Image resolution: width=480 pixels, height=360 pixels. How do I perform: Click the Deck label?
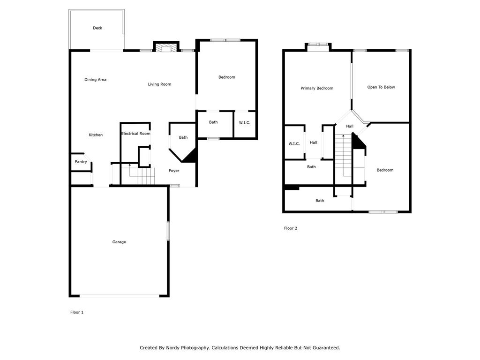coord(97,28)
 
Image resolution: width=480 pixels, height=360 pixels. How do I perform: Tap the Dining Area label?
coord(95,80)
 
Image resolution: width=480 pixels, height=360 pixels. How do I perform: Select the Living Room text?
coord(159,84)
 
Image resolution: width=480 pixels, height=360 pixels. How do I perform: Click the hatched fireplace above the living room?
coord(165,48)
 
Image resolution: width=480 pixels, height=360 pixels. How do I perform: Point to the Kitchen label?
coord(96,135)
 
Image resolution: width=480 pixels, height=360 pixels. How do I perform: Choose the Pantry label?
coord(81,162)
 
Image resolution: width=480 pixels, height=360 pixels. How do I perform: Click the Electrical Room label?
coord(135,134)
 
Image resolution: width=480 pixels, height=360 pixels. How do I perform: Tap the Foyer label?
coord(174,171)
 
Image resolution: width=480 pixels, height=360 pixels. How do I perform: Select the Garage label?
coord(119,242)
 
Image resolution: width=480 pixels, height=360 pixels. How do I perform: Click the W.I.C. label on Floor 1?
coord(245,122)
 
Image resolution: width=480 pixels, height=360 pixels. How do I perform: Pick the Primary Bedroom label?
coord(317,88)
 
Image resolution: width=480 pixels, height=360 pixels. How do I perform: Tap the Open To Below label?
coord(381,87)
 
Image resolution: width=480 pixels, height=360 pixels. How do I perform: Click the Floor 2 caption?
coord(291,228)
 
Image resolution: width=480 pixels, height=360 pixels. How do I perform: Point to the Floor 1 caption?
coord(77,312)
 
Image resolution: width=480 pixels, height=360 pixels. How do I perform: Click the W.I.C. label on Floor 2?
coord(294,143)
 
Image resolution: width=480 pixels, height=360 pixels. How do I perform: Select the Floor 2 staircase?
coord(343,159)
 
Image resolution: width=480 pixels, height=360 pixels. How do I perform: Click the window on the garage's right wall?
coord(168,231)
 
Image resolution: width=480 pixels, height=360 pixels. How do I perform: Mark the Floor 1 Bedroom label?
coord(227,77)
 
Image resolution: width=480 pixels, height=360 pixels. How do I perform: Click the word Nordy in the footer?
coord(172,348)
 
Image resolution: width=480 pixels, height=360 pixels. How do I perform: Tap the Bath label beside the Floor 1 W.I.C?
coord(213,122)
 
